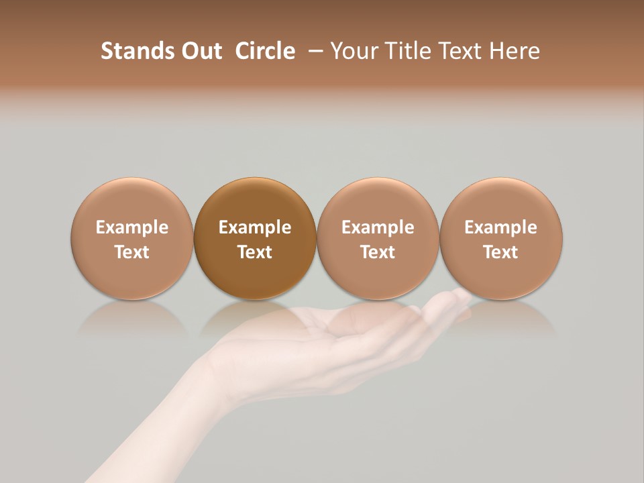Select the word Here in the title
pyautogui.click(x=514, y=51)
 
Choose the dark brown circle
pyautogui.click(x=255, y=201)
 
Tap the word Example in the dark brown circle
pyautogui.click(x=255, y=227)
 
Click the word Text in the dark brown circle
pyautogui.click(x=255, y=252)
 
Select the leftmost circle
pyautogui.click(x=132, y=201)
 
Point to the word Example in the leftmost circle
pyautogui.click(x=132, y=227)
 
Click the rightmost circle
pyautogui.click(x=501, y=201)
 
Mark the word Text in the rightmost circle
pyautogui.click(x=501, y=252)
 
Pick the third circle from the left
pyautogui.click(x=378, y=201)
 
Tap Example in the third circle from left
pyautogui.click(x=378, y=227)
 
